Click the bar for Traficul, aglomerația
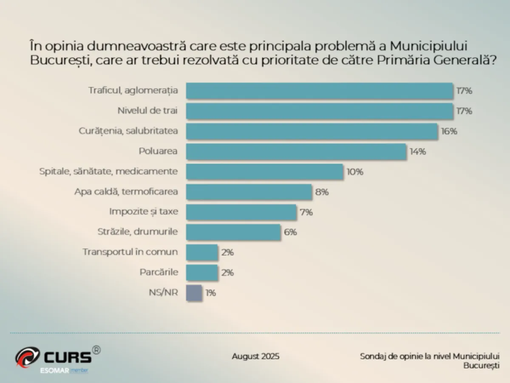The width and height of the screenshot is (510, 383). click(x=320, y=91)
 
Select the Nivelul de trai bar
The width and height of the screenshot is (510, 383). click(x=320, y=111)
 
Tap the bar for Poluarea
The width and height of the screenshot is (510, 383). click(x=296, y=151)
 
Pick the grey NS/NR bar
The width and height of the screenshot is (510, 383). click(x=194, y=293)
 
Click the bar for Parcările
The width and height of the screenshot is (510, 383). click(x=202, y=272)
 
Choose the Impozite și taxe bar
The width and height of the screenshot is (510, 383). click(x=241, y=212)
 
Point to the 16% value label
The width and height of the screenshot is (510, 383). click(x=449, y=131)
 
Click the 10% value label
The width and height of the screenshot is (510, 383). click(x=355, y=172)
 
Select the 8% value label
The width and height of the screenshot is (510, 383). click(x=322, y=192)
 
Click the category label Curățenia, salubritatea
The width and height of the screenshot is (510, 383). click(x=128, y=131)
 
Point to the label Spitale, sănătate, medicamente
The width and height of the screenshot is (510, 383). click(x=108, y=171)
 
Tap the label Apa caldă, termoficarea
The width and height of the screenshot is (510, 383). click(x=126, y=191)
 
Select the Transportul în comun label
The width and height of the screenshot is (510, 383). click(x=130, y=252)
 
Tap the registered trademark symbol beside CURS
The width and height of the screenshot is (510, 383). click(x=96, y=350)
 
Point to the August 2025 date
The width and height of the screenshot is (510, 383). click(x=255, y=356)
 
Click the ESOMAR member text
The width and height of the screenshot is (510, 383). click(x=64, y=371)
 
